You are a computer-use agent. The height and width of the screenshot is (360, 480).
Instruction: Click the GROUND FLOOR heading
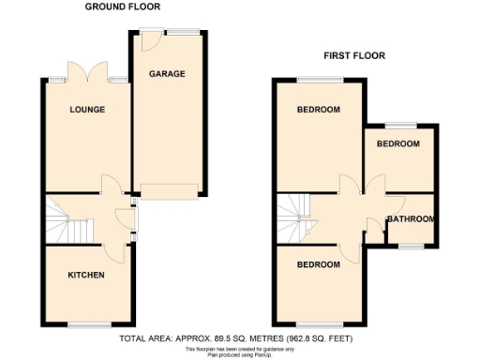[x=122, y=7]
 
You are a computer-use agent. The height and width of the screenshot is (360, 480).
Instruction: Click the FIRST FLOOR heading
[x=354, y=55]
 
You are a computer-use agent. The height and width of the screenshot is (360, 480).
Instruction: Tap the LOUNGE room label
[x=86, y=110]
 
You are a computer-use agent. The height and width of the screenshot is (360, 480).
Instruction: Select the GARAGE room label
[x=168, y=74]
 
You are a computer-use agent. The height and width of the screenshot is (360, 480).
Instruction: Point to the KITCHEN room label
[x=85, y=275]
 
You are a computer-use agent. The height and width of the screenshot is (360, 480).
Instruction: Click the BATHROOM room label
[x=412, y=219]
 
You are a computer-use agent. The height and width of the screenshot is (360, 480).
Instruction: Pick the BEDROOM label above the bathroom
[x=398, y=144]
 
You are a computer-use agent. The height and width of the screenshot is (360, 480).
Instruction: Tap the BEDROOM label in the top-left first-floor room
[x=319, y=110]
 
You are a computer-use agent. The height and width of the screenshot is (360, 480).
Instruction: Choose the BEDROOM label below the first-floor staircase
[x=319, y=264]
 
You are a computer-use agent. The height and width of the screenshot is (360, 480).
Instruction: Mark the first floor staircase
[x=297, y=217]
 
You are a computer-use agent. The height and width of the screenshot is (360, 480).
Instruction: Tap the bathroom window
[x=412, y=247]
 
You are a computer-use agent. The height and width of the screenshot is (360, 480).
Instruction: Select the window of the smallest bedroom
[x=401, y=125]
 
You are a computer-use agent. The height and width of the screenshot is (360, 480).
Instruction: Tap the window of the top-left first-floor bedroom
[x=320, y=80]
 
